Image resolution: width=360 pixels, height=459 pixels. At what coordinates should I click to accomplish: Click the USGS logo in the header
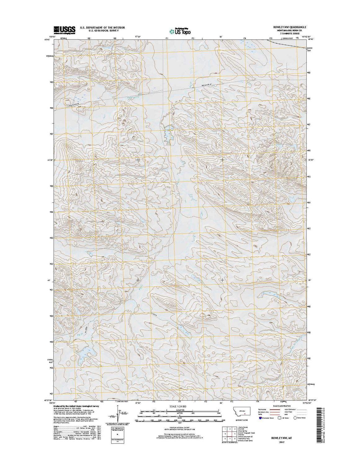click(x=65, y=30)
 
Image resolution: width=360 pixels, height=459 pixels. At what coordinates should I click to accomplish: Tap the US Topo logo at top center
click(x=180, y=31)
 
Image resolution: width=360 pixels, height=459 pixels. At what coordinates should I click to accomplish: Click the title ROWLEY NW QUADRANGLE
click(x=290, y=27)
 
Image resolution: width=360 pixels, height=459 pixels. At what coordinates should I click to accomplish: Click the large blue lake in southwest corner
click(x=81, y=354)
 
